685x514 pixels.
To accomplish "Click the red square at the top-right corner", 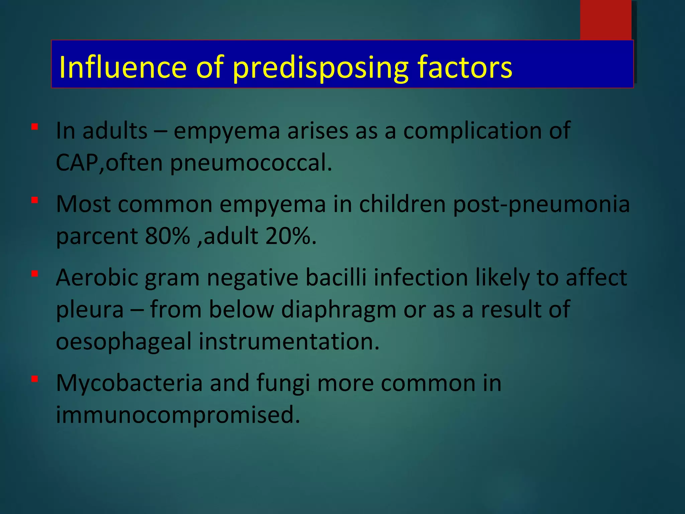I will tap(605, 19).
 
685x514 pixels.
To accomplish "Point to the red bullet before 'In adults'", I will tap(34, 127).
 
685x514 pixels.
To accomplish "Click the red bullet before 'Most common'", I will tap(34, 200).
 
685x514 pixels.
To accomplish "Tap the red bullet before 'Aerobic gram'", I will tap(34, 274).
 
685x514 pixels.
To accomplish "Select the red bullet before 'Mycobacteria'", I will tap(34, 379).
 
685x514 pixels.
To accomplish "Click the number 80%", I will tap(168, 236).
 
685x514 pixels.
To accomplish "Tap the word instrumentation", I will tap(289, 342).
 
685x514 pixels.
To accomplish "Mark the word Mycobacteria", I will tap(129, 383).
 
